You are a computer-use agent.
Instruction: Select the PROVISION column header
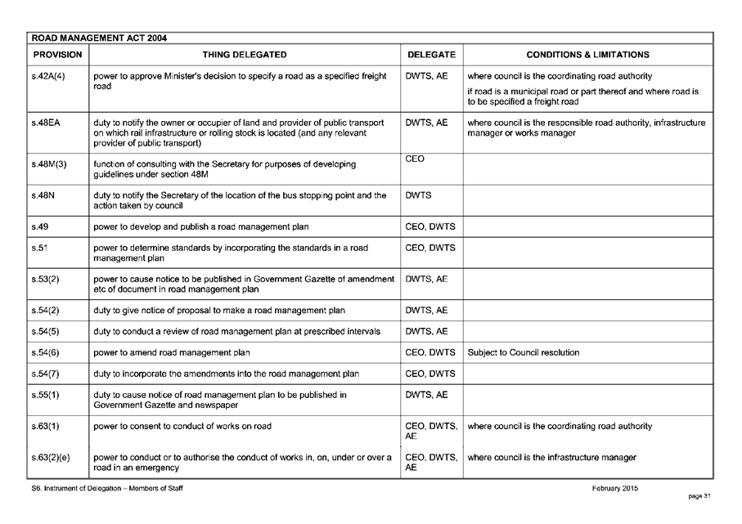(x=57, y=55)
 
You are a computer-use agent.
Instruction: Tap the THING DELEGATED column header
(x=245, y=55)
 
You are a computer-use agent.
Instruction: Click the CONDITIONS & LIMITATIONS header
(x=588, y=55)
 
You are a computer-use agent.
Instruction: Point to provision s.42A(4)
(x=48, y=76)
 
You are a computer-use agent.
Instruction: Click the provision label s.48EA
(x=44, y=123)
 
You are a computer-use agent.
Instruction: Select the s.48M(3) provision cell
(x=50, y=164)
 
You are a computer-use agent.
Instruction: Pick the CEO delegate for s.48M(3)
(x=415, y=159)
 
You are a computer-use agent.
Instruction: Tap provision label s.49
(x=38, y=226)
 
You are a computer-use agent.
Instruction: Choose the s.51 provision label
(x=38, y=247)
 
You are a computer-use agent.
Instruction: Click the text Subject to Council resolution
(x=524, y=353)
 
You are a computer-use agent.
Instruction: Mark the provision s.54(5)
(x=47, y=331)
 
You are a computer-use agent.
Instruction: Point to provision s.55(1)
(x=47, y=395)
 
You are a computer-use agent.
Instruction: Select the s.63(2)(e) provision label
(x=52, y=458)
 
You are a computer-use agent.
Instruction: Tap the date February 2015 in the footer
(x=615, y=488)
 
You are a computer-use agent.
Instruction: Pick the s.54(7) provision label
(x=47, y=374)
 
